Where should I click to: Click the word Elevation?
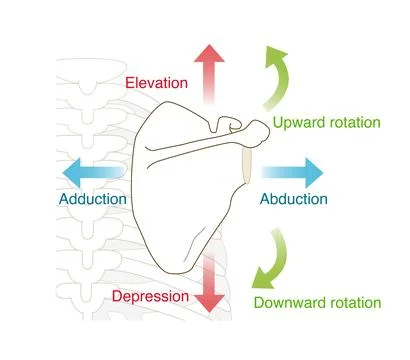click(160, 84)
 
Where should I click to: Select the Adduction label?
click(92, 199)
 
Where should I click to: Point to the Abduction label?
click(293, 198)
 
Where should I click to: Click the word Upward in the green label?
click(299, 123)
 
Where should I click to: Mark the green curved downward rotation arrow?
click(271, 259)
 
